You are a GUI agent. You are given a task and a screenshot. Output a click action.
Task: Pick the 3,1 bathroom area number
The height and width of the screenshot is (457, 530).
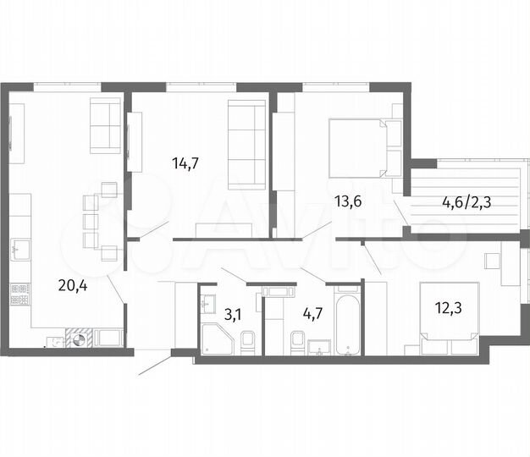233,316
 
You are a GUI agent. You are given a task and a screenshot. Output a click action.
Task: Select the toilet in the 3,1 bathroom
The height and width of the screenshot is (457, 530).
247,343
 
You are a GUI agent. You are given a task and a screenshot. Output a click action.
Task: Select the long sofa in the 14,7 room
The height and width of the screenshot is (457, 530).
247,140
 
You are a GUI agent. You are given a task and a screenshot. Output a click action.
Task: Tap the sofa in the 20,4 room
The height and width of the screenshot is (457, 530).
106,125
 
